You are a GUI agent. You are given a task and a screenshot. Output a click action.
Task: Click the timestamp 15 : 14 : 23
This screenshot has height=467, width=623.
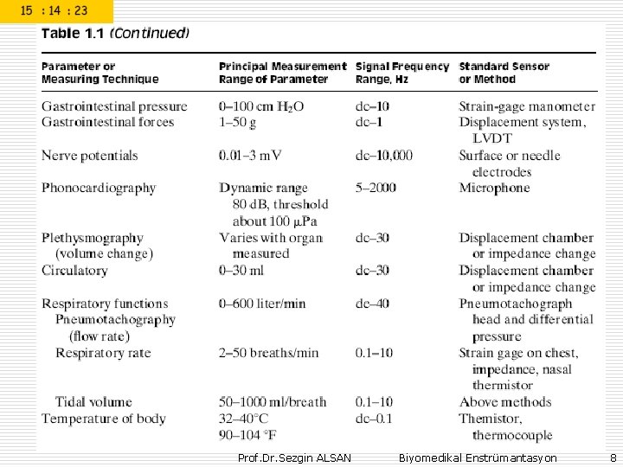[x=54, y=11]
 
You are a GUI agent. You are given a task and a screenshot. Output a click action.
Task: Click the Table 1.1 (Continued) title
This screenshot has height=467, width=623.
[x=116, y=34]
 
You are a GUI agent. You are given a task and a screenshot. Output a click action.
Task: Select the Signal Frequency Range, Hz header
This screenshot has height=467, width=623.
[x=402, y=73]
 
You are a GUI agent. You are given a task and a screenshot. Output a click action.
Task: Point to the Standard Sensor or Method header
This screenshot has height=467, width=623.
[x=503, y=73]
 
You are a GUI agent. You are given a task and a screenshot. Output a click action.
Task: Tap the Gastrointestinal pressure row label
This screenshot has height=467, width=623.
[x=114, y=106]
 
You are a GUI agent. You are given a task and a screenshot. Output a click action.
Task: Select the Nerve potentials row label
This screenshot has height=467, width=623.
[x=89, y=156]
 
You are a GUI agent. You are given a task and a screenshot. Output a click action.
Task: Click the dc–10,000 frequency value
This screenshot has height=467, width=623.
[x=384, y=156]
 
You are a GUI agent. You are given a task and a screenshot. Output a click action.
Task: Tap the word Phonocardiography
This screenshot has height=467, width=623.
[x=99, y=188]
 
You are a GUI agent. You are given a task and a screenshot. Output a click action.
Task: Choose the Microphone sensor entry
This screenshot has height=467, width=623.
[x=494, y=188]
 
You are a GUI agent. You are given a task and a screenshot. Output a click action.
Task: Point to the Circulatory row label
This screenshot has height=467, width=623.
[x=74, y=271]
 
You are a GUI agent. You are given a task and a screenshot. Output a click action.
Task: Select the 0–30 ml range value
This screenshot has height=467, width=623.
[x=241, y=271]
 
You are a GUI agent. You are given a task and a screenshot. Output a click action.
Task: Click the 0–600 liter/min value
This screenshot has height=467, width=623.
[x=262, y=304]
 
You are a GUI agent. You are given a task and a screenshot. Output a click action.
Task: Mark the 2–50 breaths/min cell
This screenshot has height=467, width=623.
[x=268, y=353]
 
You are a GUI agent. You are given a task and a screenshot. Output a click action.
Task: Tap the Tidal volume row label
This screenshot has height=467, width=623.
[x=93, y=402]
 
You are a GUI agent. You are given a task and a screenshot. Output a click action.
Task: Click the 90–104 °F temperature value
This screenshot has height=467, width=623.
[x=248, y=435]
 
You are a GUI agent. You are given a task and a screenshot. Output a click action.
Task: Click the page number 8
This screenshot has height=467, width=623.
[x=613, y=457]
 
